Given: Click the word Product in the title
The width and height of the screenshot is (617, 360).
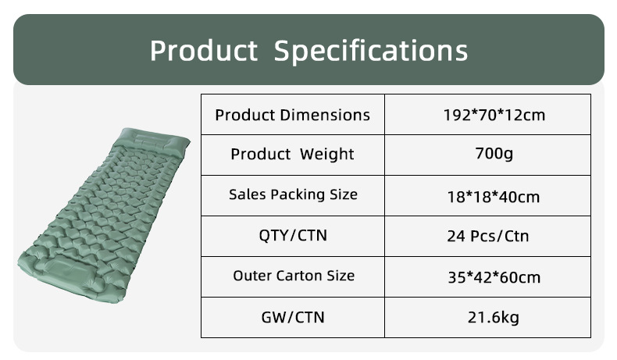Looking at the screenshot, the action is click(x=204, y=50).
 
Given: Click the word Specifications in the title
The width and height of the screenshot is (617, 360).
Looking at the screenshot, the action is click(x=371, y=51).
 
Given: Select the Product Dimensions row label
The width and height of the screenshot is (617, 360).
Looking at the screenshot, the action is click(x=292, y=115).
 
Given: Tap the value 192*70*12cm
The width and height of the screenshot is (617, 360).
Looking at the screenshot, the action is click(x=494, y=115).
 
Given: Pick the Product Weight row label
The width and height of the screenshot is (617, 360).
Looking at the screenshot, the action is click(x=292, y=154).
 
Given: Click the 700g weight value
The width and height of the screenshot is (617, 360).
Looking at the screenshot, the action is click(x=494, y=153).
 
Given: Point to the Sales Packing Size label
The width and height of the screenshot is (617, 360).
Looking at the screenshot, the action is click(x=293, y=194).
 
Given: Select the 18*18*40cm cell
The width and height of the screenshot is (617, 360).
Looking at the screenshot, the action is click(x=494, y=197).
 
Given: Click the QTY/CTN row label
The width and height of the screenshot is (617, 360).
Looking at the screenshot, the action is click(x=293, y=235).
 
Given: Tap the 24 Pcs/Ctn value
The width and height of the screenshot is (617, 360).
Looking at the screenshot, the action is click(x=488, y=236).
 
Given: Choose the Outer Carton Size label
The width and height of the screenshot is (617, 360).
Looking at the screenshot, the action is click(x=294, y=276).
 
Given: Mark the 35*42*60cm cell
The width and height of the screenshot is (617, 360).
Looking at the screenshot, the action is click(x=494, y=277).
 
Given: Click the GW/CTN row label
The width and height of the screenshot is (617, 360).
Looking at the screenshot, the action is click(x=293, y=317).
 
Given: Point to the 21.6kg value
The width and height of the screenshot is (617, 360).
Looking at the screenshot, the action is click(x=494, y=317).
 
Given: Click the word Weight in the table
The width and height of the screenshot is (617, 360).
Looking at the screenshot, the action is click(x=327, y=154).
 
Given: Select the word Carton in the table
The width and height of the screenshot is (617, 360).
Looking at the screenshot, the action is click(x=299, y=276).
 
